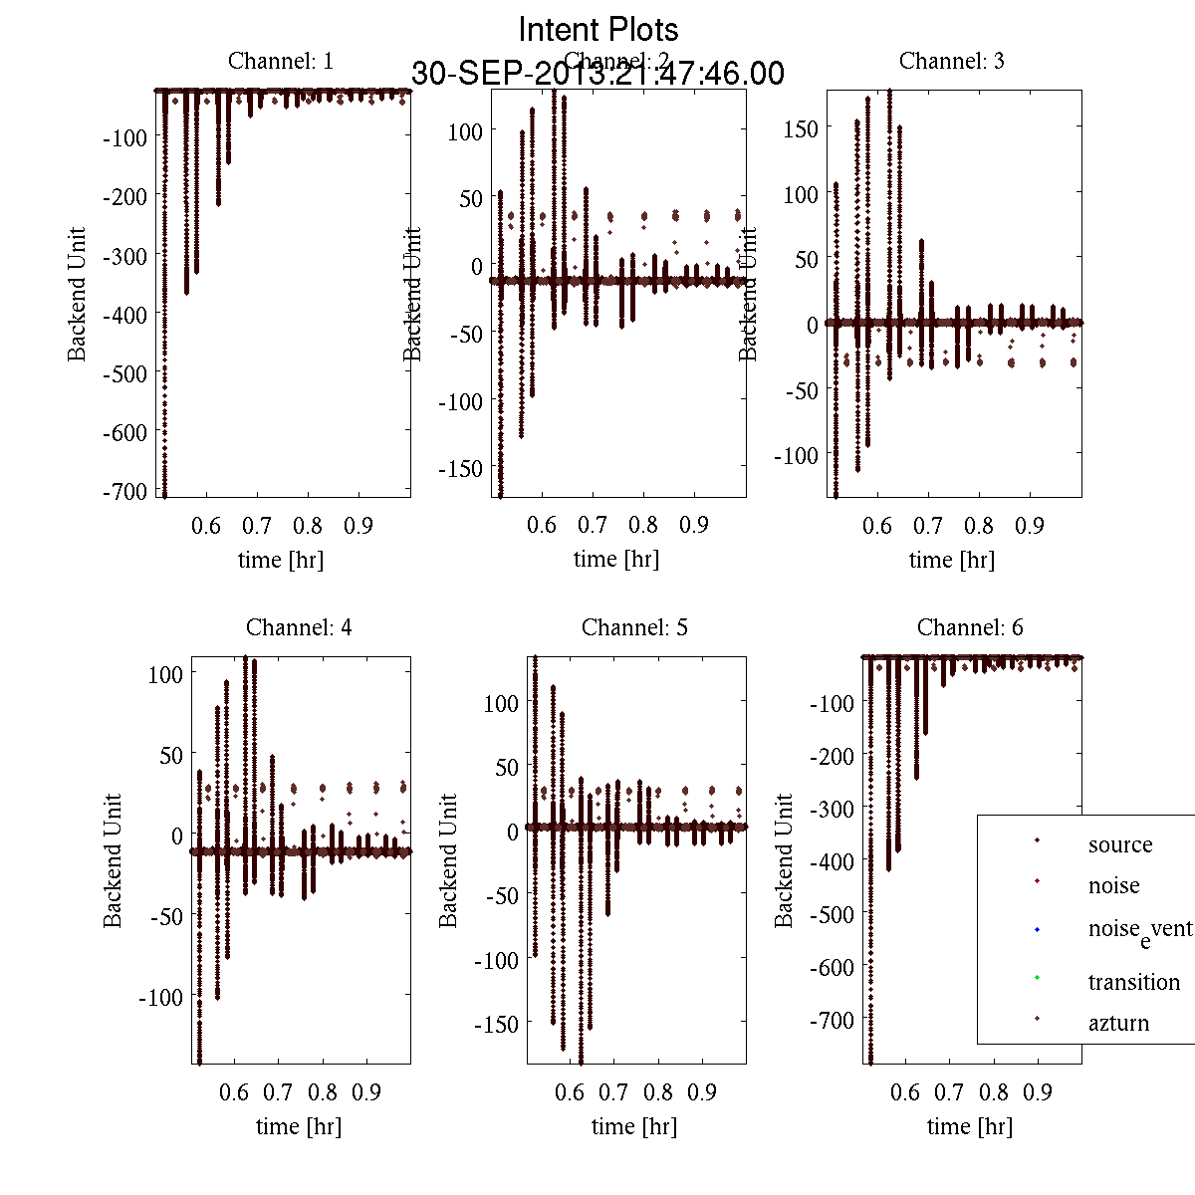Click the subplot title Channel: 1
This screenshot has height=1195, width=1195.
281,61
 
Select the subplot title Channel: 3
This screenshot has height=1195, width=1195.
951,61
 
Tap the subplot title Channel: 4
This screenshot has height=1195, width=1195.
299,627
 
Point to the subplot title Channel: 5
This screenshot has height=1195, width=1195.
634,627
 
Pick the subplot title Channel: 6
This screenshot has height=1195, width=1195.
970,627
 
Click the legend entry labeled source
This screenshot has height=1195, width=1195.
1119,844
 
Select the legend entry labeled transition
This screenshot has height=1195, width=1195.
1119,982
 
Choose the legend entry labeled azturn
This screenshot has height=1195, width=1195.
1118,1023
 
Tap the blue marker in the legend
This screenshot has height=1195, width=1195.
1037,930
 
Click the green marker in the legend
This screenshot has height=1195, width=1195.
1037,977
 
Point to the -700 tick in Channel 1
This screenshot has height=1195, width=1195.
124,491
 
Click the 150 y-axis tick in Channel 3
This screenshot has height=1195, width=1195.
801,128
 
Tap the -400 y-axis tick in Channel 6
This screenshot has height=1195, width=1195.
833,861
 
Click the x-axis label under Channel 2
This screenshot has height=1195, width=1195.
616,560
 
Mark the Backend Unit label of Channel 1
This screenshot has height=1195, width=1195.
77,294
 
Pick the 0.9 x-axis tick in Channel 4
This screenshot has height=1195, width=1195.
366,1092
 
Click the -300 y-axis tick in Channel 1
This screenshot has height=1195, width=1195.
124,255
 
